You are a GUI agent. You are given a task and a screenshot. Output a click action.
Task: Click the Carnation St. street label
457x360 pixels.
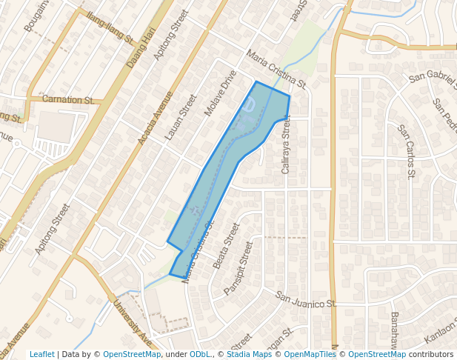pyautogui.click(x=67, y=100)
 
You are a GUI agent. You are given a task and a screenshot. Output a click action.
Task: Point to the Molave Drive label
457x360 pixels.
pyautogui.click(x=220, y=94)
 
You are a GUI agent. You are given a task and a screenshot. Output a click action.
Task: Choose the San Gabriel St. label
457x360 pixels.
pyautogui.click(x=431, y=76)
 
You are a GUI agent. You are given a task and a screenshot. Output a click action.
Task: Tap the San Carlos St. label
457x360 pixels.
pyautogui.click(x=405, y=151)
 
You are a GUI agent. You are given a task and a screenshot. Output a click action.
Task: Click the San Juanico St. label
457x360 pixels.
pyautogui.click(x=306, y=300)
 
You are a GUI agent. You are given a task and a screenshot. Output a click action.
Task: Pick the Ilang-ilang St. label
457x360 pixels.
pyautogui.click(x=109, y=28)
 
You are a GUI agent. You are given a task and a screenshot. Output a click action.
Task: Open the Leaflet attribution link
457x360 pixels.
pyautogui.click(x=41, y=354)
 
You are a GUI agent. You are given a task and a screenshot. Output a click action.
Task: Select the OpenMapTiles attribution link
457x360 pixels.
pyautogui.click(x=310, y=354)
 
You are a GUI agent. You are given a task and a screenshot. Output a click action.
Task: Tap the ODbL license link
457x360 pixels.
pyautogui.click(x=200, y=354)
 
